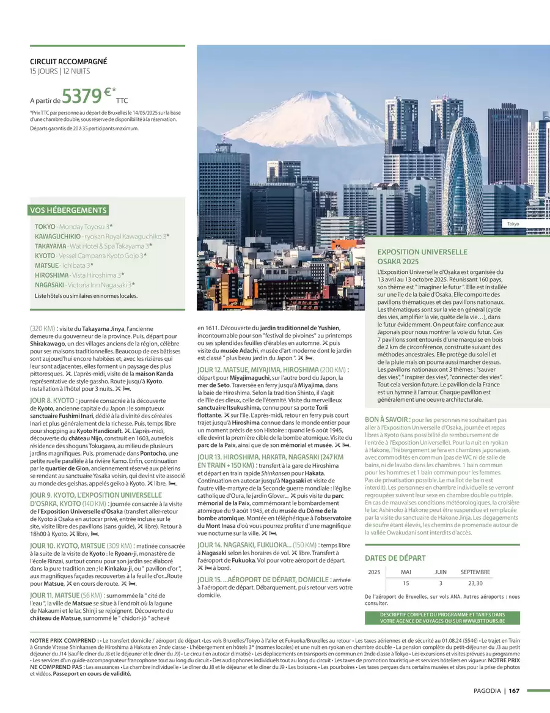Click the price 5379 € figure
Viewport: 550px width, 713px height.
[86, 97]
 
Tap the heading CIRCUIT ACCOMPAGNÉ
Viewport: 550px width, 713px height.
[68, 62]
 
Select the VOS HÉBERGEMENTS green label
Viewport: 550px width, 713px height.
[69, 210]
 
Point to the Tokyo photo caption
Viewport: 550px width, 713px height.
[513, 224]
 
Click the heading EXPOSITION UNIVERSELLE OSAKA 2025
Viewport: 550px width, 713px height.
[422, 256]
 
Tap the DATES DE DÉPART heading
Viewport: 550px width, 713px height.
[395, 558]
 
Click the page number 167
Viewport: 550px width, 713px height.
[514, 691]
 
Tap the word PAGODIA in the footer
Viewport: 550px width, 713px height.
[487, 691]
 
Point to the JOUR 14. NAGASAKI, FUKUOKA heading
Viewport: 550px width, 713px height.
[244, 544]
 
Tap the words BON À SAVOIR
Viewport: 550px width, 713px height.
[387, 419]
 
